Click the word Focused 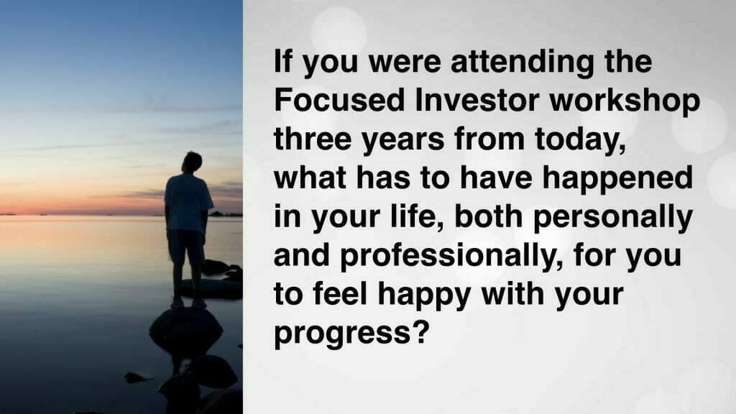coord(339,100)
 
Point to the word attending coord(522,62)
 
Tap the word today coord(580,139)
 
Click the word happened coord(617,178)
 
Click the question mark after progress coord(420,332)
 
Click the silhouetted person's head coord(192,162)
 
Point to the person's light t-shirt coord(188,202)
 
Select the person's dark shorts coord(187,247)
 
